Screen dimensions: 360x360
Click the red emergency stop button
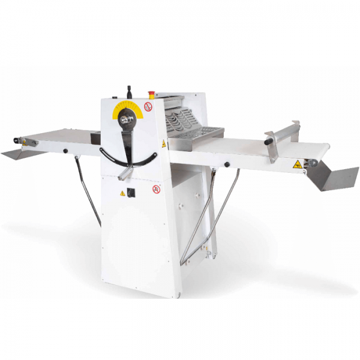(x=151, y=94)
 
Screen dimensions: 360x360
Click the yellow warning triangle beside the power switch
(x=123, y=193)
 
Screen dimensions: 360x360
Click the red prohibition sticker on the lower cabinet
(x=157, y=189)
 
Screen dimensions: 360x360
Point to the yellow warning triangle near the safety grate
(x=163, y=144)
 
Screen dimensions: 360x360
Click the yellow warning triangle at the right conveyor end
(x=297, y=164)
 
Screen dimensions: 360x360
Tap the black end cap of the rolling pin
(x=268, y=142)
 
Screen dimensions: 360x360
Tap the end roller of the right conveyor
(x=313, y=163)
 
